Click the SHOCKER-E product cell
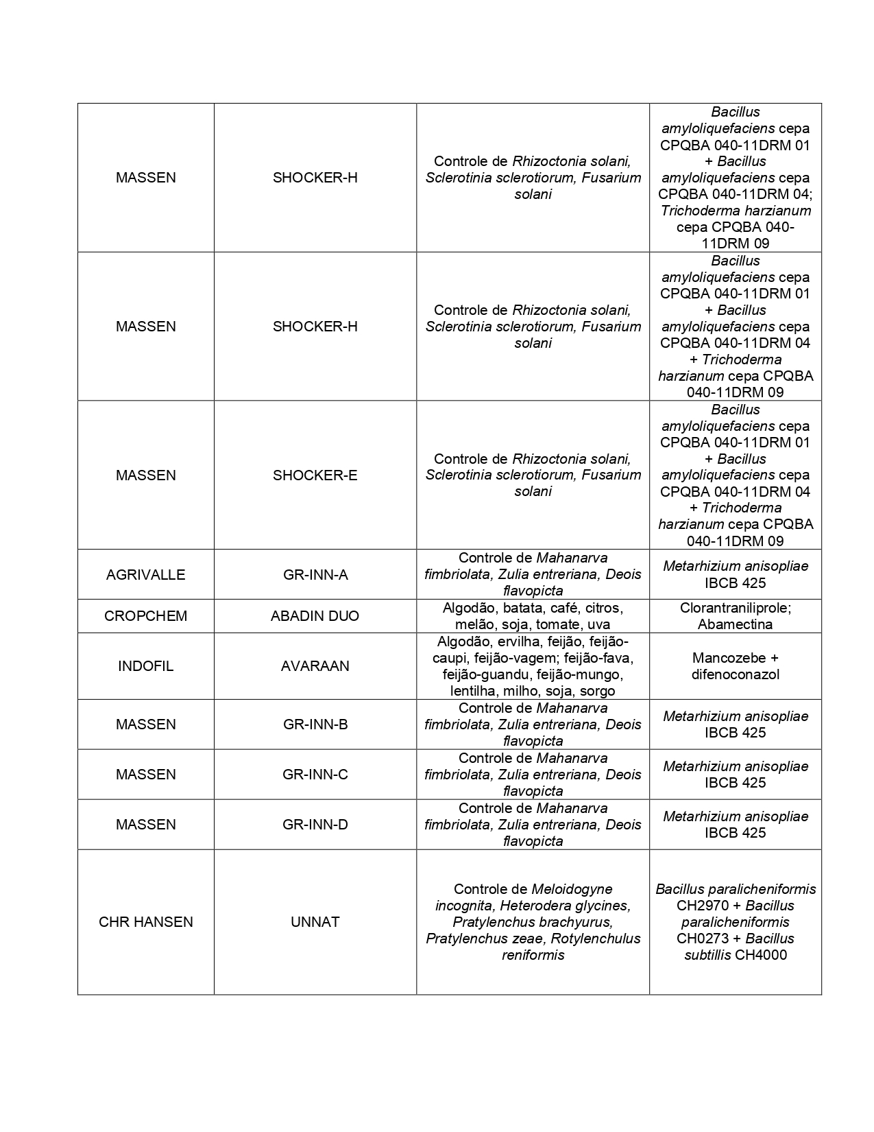[315, 475]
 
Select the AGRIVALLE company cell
[145, 575]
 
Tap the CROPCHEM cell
[145, 616]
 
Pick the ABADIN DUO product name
[315, 616]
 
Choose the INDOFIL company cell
[145, 666]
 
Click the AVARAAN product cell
[315, 666]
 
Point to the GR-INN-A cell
[315, 575]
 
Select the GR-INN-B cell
[315, 724]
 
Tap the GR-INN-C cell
[315, 775]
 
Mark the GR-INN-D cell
[315, 825]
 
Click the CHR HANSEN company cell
[145, 922]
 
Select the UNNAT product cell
[315, 922]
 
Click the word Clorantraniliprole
[733, 608]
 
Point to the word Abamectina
[735, 624]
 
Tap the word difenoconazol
[735, 674]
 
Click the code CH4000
[761, 955]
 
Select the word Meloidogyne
[572, 889]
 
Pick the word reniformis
[533, 955]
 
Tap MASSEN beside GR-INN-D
[145, 825]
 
